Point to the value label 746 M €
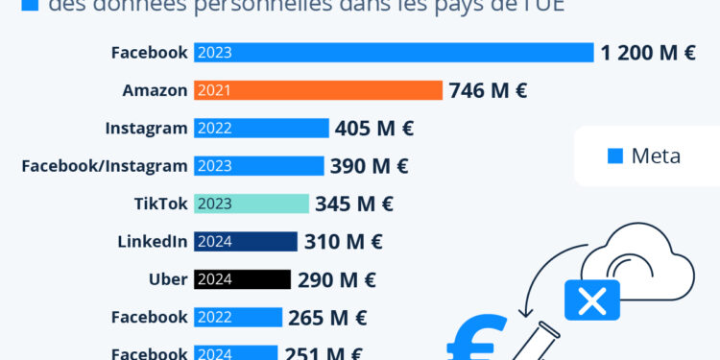(488, 91)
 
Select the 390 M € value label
(369, 166)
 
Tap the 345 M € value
(354, 204)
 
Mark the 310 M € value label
(343, 242)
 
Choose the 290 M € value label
(336, 280)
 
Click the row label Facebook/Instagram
(105, 166)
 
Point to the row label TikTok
(160, 204)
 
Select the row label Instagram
(146, 128)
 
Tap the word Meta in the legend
(656, 156)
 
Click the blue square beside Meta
(615, 156)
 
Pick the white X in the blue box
(592, 300)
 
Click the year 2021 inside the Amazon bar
(214, 90)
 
